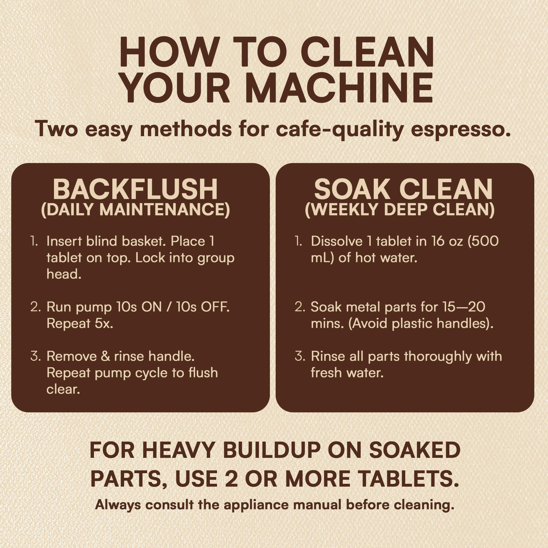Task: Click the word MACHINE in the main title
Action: [339, 88]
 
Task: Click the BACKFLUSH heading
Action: [135, 190]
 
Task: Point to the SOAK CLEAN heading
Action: [403, 190]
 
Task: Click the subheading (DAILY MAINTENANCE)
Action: [136, 210]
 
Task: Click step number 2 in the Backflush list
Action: [35, 307]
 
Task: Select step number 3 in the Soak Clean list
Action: [300, 356]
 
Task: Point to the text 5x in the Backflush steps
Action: [104, 323]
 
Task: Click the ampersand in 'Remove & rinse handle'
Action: [105, 356]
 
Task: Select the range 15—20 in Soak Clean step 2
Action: [463, 307]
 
